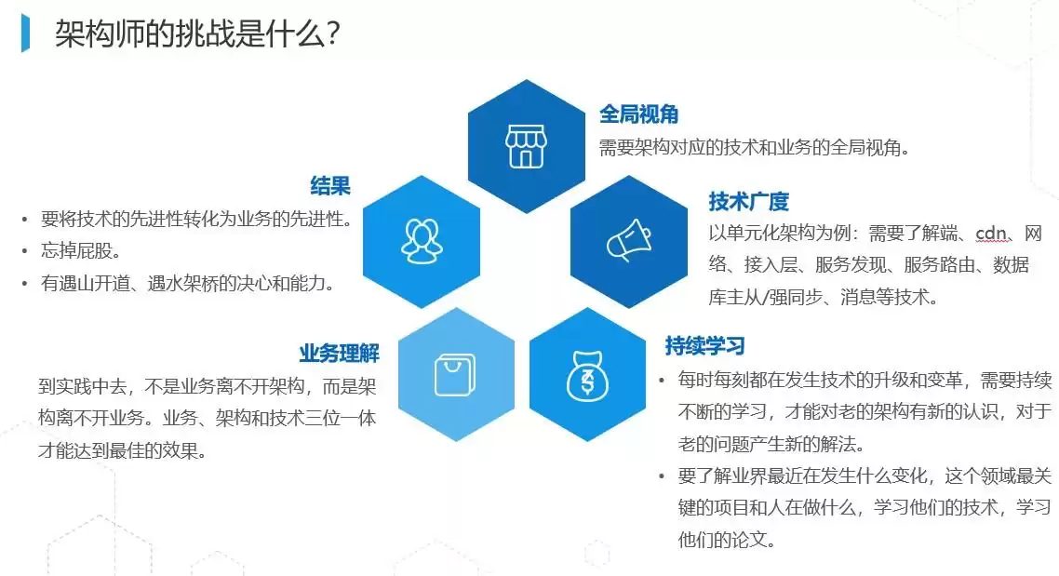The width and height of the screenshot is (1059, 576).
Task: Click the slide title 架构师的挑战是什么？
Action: coord(196,35)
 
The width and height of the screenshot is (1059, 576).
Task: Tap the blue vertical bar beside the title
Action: coord(26,34)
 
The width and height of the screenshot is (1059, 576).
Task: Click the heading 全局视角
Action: coord(638,114)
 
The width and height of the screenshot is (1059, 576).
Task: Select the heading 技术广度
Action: coord(748,201)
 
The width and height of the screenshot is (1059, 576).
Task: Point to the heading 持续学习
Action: coord(704,346)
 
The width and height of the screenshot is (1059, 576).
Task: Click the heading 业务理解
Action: coord(339,354)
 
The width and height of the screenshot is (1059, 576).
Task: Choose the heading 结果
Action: coord(330,186)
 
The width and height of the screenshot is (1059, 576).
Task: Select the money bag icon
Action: coord(588,374)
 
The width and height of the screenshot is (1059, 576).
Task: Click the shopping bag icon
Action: coord(456,374)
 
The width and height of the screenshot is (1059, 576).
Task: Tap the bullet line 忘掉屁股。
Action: coord(82,251)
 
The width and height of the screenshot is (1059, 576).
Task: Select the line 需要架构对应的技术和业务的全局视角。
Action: coord(754,147)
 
